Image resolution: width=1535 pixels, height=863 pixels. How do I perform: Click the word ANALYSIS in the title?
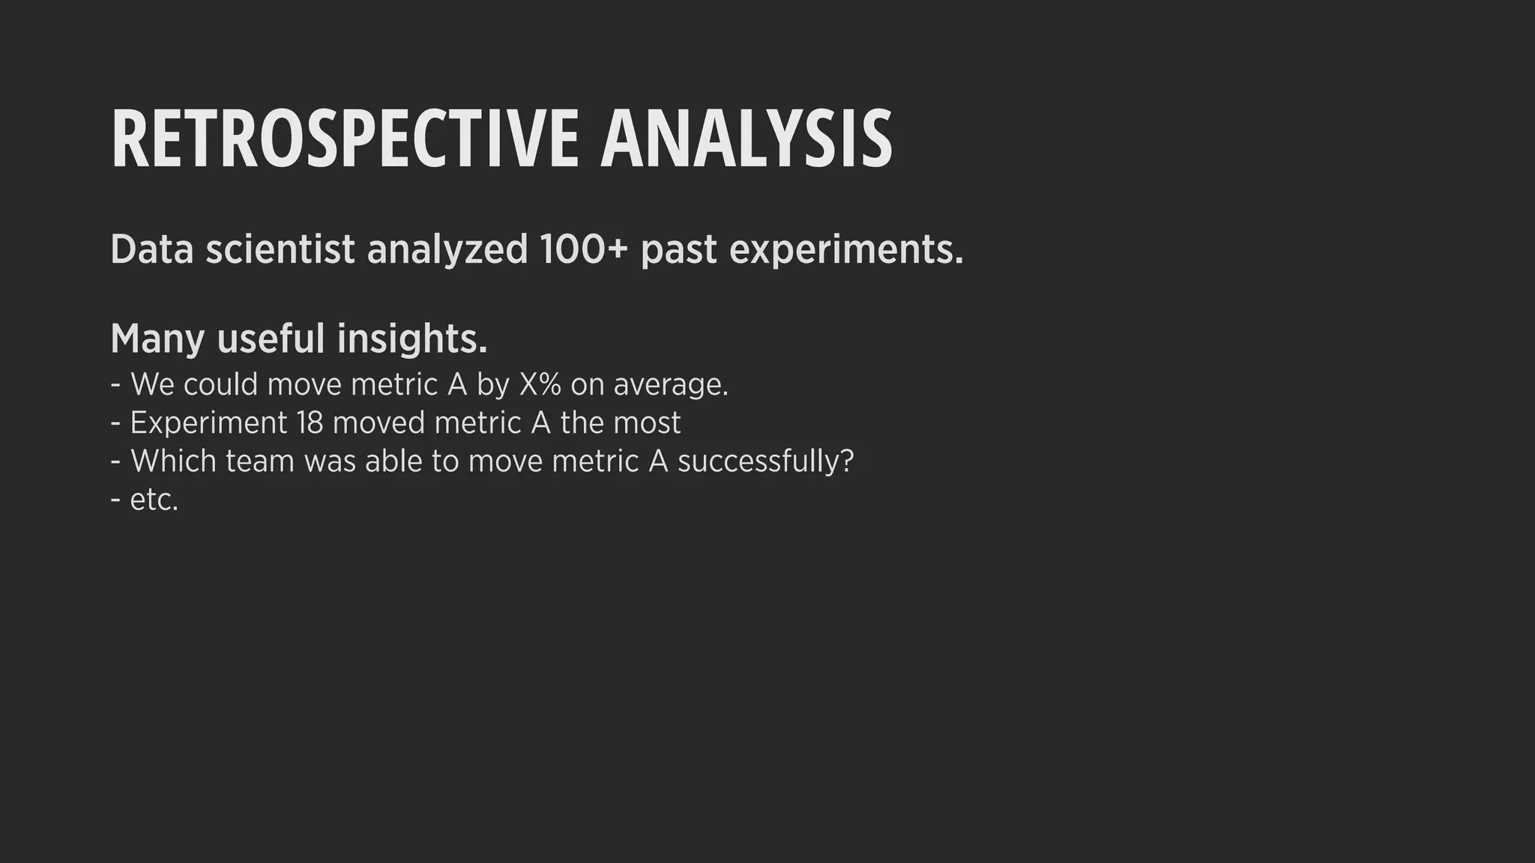[746, 139]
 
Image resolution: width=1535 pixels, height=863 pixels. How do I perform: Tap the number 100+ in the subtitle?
[582, 249]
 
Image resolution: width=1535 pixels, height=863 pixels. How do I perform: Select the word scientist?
[280, 249]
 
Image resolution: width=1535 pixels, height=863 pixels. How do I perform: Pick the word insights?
[411, 339]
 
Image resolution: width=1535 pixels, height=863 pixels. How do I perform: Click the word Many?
[157, 339]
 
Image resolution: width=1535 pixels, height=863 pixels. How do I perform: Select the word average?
[670, 385]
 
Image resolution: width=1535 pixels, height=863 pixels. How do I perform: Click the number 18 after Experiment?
[309, 423]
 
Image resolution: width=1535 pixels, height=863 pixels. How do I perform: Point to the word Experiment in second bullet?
[208, 424]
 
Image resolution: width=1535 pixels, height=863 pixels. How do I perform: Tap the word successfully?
[765, 461]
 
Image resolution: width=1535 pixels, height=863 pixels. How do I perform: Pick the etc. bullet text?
[154, 500]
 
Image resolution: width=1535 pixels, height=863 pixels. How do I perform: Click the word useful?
[271, 339]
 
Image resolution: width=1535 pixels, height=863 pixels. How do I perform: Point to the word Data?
[152, 249]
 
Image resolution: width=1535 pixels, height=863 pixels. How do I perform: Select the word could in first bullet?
[220, 384]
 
